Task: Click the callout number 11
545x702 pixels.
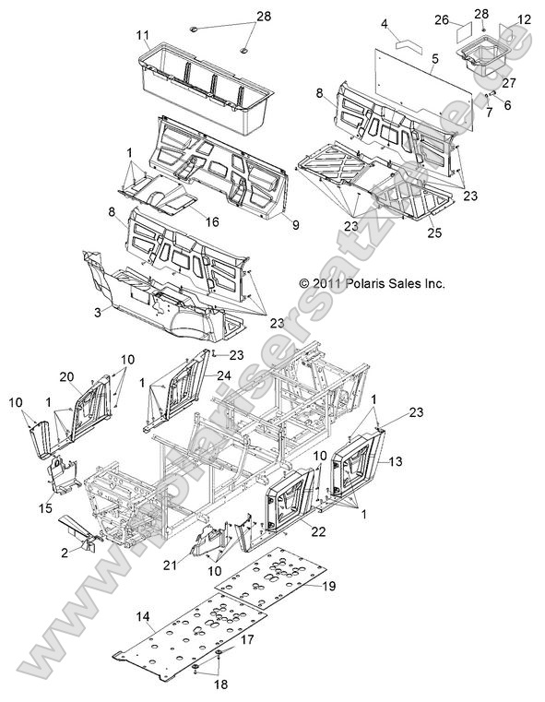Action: click(x=143, y=35)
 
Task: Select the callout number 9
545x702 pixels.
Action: click(x=296, y=225)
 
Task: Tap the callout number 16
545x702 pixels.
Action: click(x=212, y=221)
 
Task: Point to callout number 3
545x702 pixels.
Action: click(x=98, y=312)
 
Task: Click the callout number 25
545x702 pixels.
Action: click(x=434, y=232)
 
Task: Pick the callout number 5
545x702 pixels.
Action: click(x=435, y=59)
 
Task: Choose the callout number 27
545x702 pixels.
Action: click(x=509, y=83)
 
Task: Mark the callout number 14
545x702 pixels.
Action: click(x=143, y=617)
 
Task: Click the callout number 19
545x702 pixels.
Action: click(x=329, y=586)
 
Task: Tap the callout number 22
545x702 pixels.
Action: click(x=319, y=531)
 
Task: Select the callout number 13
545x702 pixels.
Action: click(x=396, y=460)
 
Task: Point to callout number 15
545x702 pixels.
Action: click(x=45, y=508)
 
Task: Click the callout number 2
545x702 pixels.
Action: click(x=65, y=553)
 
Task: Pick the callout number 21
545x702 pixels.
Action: click(x=170, y=565)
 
